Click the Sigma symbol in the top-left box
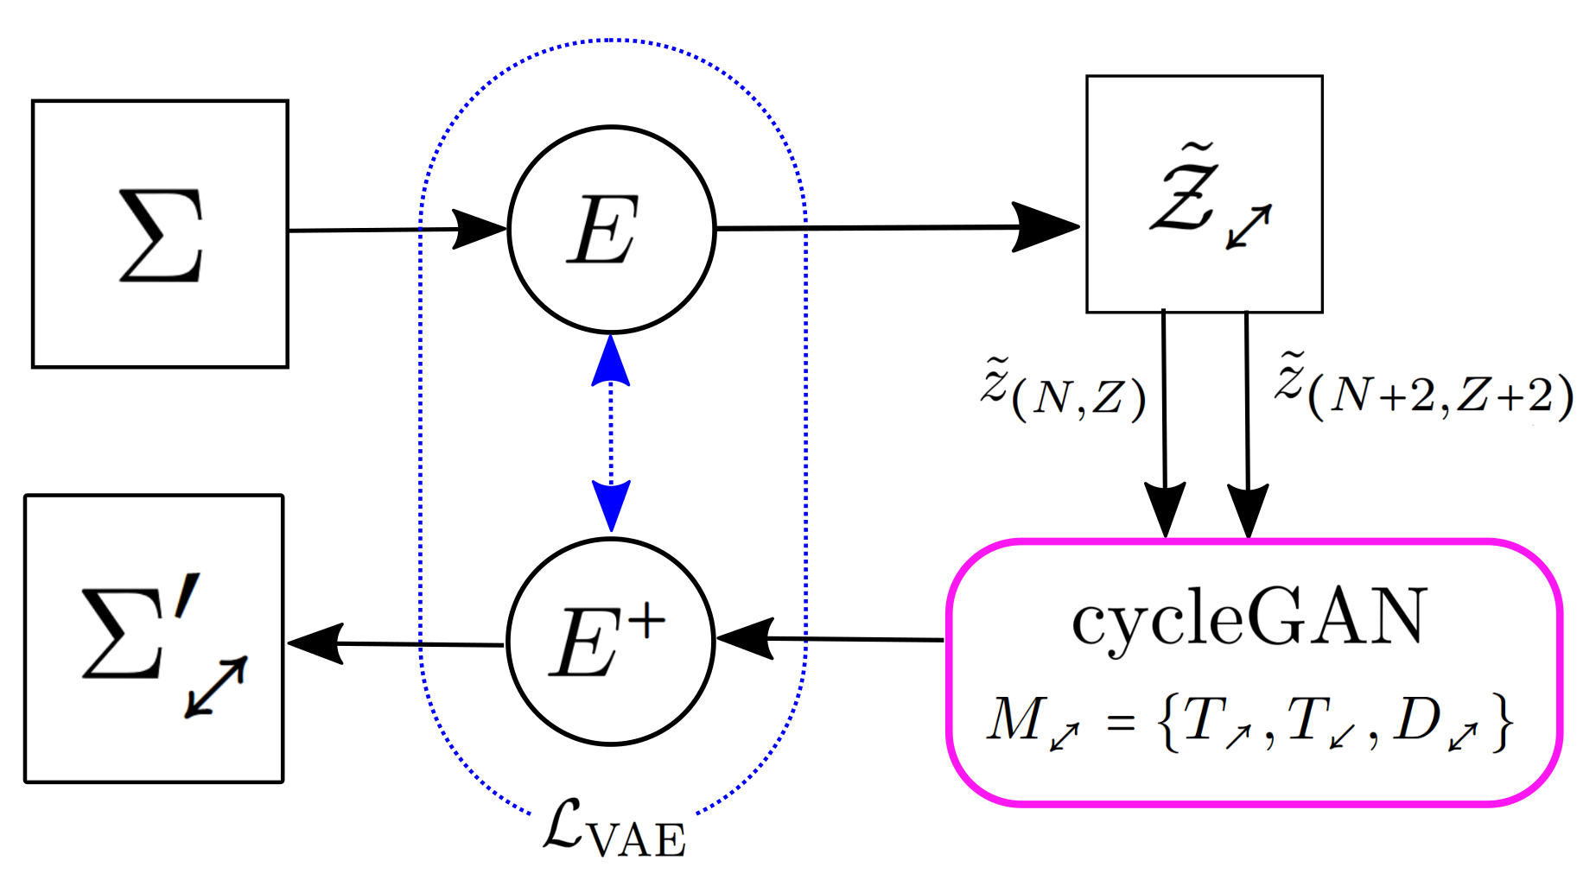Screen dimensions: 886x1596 click(162, 236)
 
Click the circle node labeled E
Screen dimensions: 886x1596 click(611, 230)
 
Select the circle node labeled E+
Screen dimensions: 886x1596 click(610, 642)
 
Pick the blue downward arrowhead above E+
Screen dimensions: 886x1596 click(611, 505)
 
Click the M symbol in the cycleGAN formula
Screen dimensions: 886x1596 click(1014, 718)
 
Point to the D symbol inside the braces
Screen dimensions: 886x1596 click(1419, 718)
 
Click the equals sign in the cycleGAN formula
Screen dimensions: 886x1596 click(1121, 723)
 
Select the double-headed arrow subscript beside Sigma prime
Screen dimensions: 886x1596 click(216, 687)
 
